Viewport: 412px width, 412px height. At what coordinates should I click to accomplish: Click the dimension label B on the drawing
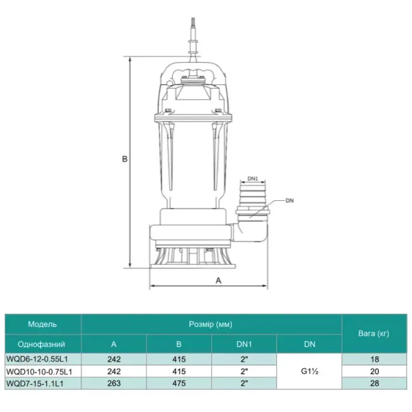[x=125, y=160]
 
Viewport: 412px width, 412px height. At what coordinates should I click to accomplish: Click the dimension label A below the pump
[x=218, y=280]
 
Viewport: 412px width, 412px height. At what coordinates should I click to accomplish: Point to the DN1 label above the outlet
[x=252, y=179]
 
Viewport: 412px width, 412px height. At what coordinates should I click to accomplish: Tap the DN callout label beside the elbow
[x=290, y=201]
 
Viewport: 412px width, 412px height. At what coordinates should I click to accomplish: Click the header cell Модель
[x=42, y=324]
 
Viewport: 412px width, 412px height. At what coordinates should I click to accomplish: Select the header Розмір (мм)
[x=211, y=324]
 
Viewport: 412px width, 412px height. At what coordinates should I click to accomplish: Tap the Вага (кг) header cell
[x=373, y=333]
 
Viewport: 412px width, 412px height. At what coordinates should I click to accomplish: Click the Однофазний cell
[x=42, y=344]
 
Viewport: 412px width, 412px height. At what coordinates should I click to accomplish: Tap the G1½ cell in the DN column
[x=309, y=371]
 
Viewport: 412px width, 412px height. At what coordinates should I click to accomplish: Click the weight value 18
[x=374, y=359]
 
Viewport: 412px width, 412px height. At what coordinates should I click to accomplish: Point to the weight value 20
[x=374, y=371]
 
